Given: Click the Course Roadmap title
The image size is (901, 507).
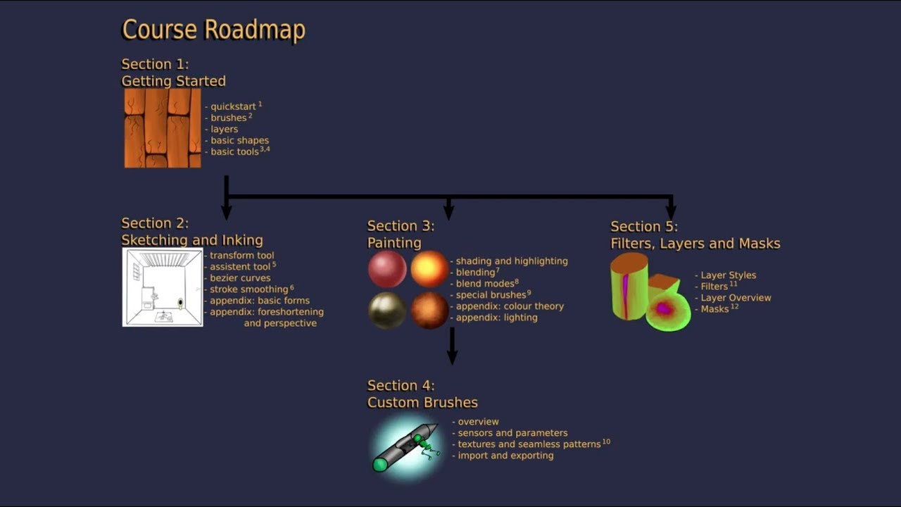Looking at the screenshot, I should pyautogui.click(x=213, y=30).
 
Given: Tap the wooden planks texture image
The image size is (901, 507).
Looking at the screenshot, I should pyautogui.click(x=163, y=127).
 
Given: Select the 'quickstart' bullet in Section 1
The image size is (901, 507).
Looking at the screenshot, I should pyautogui.click(x=233, y=106).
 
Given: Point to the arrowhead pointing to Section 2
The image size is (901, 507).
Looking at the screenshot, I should pyautogui.click(x=226, y=211).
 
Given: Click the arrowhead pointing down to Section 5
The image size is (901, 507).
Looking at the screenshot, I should pyautogui.click(x=671, y=211).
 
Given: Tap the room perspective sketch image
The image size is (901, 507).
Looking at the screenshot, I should pyautogui.click(x=163, y=287).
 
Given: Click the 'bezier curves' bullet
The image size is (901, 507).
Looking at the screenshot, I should pyautogui.click(x=239, y=278).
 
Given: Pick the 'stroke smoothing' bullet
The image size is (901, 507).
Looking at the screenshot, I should pyautogui.click(x=248, y=289).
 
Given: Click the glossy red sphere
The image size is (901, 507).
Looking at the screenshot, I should pyautogui.click(x=387, y=269).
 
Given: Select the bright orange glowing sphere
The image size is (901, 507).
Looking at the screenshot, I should pyautogui.click(x=429, y=269).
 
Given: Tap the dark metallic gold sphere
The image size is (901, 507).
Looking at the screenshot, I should pyautogui.click(x=387, y=311).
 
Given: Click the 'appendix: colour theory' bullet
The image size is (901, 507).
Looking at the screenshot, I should pyautogui.click(x=510, y=306).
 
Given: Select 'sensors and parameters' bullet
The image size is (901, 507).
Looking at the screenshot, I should pyautogui.click(x=512, y=433).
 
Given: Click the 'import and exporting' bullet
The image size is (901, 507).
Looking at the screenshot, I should pyautogui.click(x=505, y=456).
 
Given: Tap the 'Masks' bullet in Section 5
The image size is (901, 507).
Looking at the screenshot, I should pyautogui.click(x=714, y=309).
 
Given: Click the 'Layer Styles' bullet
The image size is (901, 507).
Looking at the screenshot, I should pyautogui.click(x=728, y=275).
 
